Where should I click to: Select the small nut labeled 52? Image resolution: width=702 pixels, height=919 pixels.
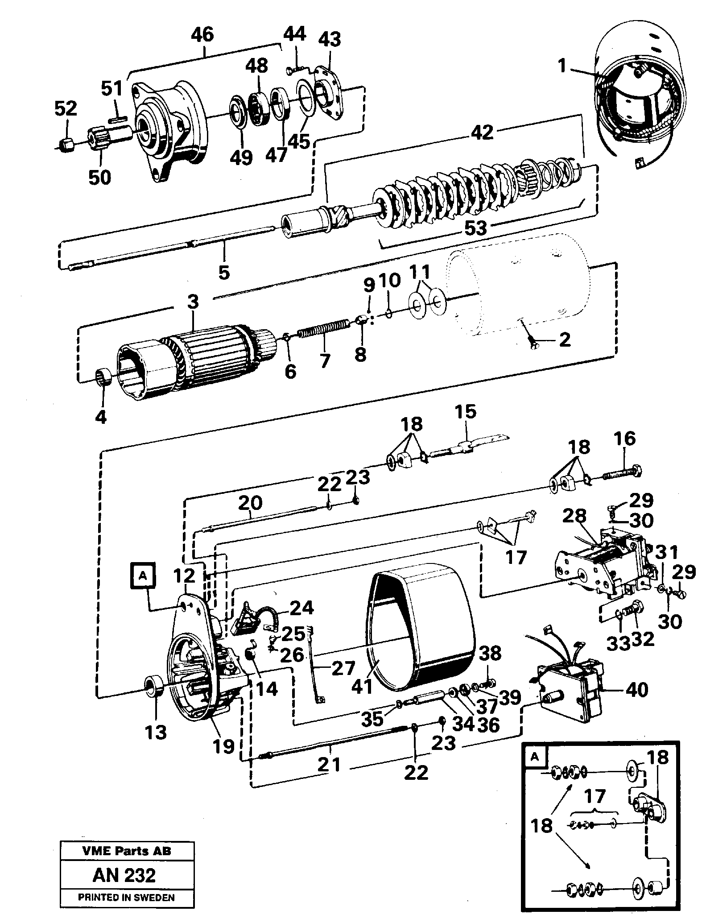(x=66, y=144)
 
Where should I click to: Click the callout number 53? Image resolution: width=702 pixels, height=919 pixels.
(x=475, y=228)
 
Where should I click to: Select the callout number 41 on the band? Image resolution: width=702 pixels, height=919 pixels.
(x=362, y=686)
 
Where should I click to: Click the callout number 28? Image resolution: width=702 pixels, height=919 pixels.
(x=574, y=516)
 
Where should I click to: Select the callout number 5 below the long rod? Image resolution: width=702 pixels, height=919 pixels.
(x=224, y=272)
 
